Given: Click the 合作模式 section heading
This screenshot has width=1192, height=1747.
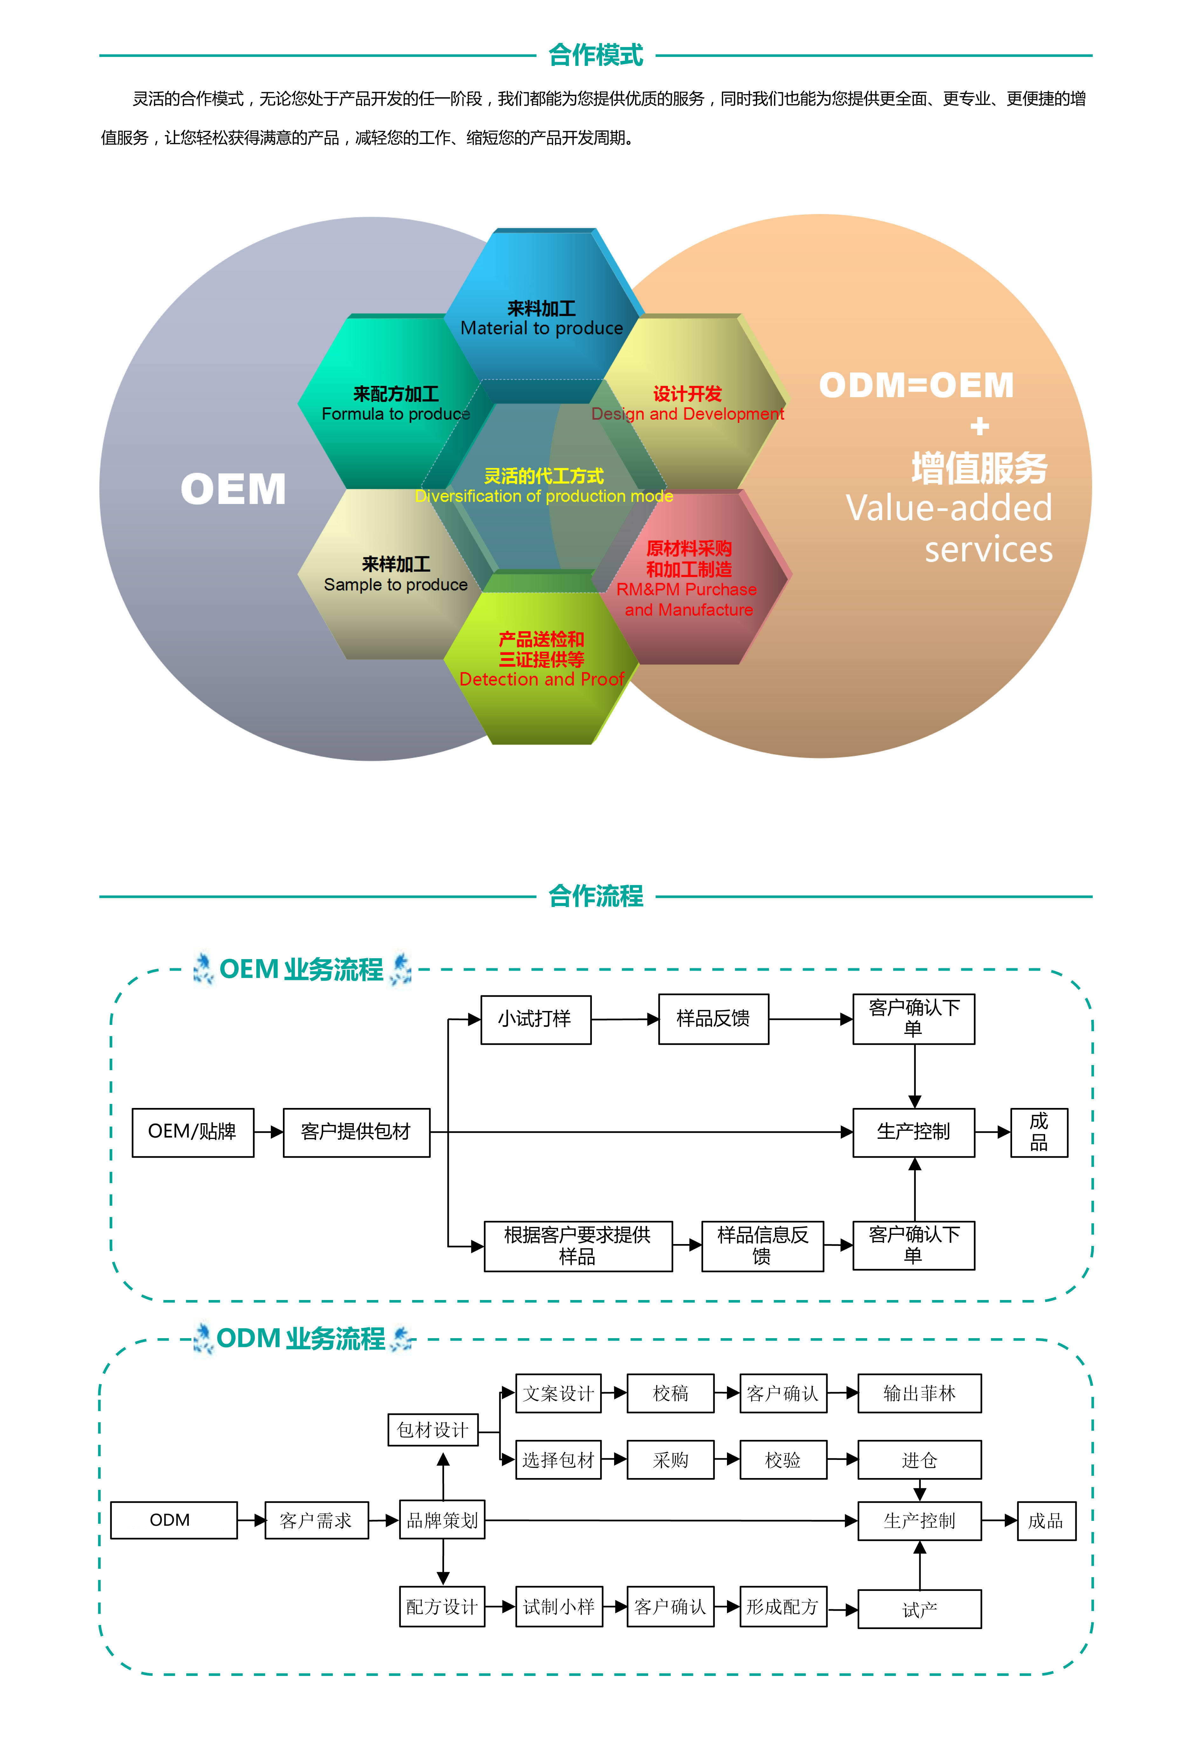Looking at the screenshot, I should pyautogui.click(x=595, y=55).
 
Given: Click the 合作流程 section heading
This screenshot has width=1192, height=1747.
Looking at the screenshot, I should pyautogui.click(x=595, y=896).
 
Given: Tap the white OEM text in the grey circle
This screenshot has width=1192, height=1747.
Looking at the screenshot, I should pyautogui.click(x=233, y=489).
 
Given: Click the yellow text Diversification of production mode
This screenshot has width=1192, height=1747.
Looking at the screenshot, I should pyautogui.click(x=543, y=496).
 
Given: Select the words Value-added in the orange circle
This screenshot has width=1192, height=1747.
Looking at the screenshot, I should pyautogui.click(x=949, y=508).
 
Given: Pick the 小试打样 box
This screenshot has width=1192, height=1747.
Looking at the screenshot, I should pyautogui.click(x=535, y=1019).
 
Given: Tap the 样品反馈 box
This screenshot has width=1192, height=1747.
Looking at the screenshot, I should pyautogui.click(x=713, y=1019).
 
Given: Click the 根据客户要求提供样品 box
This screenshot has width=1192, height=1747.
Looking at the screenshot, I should pyautogui.click(x=577, y=1246).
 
